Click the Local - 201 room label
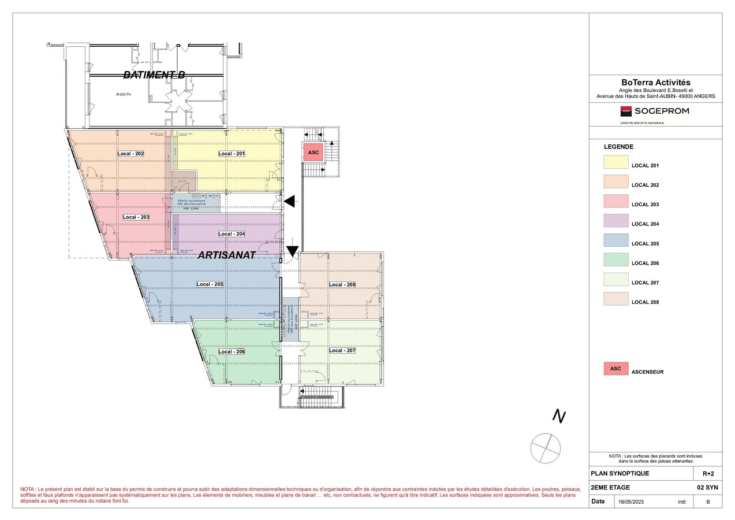232,154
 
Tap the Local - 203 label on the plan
136,217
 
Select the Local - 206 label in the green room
232,352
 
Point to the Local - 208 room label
342,285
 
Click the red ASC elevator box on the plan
314,153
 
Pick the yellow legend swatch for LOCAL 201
615,162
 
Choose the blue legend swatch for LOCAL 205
615,240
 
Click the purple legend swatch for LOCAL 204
615,221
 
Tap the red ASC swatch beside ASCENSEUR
615,369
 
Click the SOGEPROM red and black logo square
626,111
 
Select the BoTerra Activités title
655,83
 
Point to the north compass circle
546,448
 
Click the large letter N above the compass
558,416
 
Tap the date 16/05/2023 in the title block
630,502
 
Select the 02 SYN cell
707,488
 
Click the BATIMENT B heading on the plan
154,75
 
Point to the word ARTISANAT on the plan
226,255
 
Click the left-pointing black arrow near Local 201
290,201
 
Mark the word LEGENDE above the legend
618,147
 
